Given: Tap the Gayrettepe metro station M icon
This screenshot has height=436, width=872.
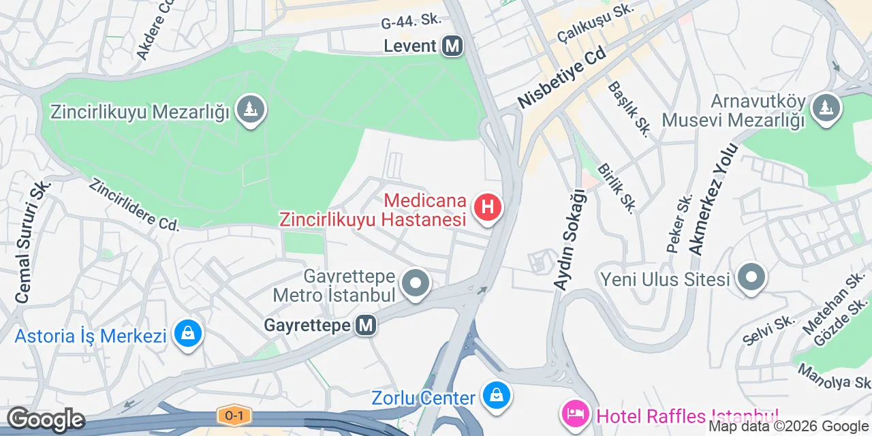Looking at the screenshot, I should [x=367, y=326].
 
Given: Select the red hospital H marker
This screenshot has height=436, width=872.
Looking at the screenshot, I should [x=488, y=208].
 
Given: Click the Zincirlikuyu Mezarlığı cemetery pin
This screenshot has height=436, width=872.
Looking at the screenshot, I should [x=251, y=109].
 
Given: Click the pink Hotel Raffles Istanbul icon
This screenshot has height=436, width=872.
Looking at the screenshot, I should [x=574, y=414].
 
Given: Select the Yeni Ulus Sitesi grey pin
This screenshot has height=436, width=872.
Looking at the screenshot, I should [x=752, y=278].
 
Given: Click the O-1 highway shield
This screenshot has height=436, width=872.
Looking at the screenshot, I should [x=230, y=414].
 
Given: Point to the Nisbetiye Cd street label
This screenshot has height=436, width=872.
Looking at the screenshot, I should [x=562, y=78].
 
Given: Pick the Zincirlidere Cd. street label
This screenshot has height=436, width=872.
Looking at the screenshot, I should [x=134, y=204].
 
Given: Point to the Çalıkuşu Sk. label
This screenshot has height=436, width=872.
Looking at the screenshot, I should [x=595, y=22].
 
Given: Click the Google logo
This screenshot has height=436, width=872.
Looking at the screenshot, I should [x=46, y=420].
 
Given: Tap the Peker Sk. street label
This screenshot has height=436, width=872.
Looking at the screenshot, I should [x=680, y=223].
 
